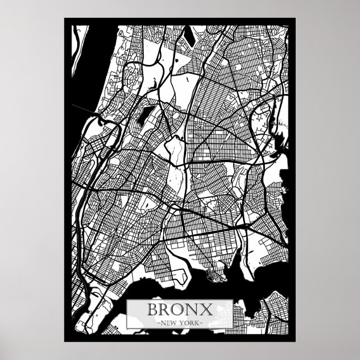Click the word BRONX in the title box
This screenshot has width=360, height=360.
179,309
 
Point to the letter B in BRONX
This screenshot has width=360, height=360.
151,309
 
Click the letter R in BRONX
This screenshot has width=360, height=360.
165,309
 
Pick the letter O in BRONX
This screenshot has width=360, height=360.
179,309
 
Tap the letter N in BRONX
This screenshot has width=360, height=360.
193,309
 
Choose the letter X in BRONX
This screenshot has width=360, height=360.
206,309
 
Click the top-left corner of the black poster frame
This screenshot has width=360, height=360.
65,18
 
